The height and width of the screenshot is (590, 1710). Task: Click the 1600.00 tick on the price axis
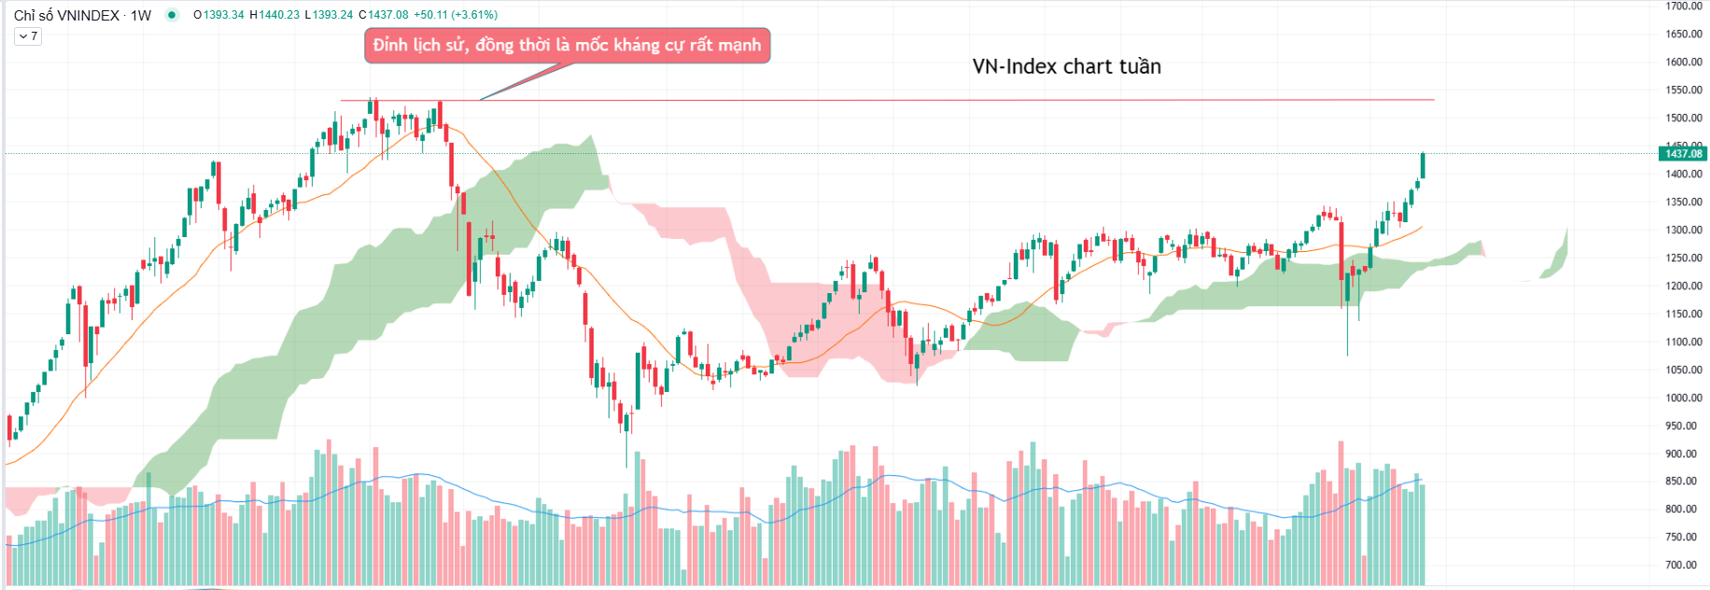coord(1683,62)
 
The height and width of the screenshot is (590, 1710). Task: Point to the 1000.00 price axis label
coord(1683,398)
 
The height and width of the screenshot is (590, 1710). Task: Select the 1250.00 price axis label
coord(1683,258)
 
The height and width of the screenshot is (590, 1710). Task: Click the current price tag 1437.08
coord(1684,154)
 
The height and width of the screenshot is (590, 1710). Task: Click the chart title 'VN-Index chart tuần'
coord(1066,66)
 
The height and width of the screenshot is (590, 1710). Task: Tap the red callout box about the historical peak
coord(567,45)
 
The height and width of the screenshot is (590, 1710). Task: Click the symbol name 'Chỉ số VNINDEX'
coord(66,15)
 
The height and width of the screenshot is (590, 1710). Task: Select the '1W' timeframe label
coord(141,15)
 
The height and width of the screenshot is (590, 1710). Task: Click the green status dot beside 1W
coord(172,15)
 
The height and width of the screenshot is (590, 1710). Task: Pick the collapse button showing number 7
coord(28,36)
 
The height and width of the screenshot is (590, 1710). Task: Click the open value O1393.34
coord(218,15)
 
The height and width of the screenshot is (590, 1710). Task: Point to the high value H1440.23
coord(274,15)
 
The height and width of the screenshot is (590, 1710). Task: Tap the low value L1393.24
coord(329,15)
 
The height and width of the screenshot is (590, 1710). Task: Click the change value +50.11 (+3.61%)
coord(456,15)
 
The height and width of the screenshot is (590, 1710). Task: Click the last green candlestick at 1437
coord(1423,165)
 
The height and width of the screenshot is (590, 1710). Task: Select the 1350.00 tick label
coord(1683,202)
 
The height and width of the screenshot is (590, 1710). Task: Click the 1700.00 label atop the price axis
coord(1683,7)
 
